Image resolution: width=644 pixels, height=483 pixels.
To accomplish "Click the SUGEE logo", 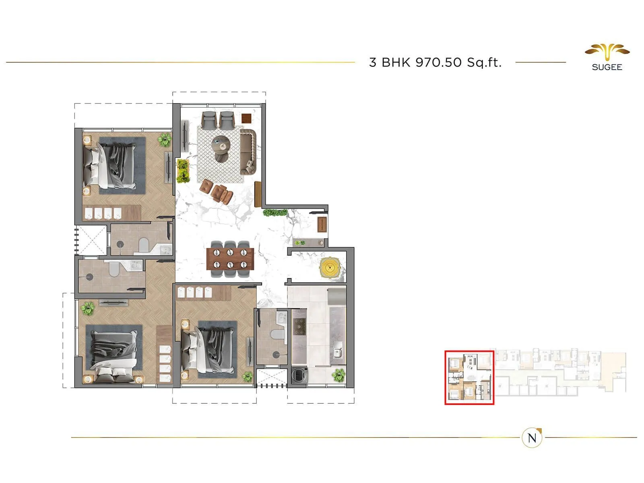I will coord(607,58).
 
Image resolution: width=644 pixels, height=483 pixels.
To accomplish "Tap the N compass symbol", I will coord(532,438).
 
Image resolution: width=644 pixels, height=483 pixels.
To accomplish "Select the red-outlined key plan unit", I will coord(469,377).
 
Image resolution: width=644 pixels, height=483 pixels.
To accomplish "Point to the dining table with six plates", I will coord(230,259).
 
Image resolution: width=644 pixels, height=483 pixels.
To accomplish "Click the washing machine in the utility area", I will coord(299,375).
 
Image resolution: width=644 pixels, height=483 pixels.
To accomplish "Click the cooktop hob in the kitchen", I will coord(299,326).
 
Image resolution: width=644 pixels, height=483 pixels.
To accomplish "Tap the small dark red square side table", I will coord(246,118).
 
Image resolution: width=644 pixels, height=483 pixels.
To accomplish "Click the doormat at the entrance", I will coord(322,225).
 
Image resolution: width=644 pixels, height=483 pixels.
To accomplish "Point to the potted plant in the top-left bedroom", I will coord(164,140).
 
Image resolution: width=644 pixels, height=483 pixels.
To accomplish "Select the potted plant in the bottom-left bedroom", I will coord(87,309).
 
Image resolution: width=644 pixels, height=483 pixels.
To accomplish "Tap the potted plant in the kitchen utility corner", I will coord(339,375).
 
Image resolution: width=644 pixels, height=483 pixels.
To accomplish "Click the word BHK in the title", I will coord(396,62).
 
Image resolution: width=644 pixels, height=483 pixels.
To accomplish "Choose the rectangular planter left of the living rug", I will coord(183,171).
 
